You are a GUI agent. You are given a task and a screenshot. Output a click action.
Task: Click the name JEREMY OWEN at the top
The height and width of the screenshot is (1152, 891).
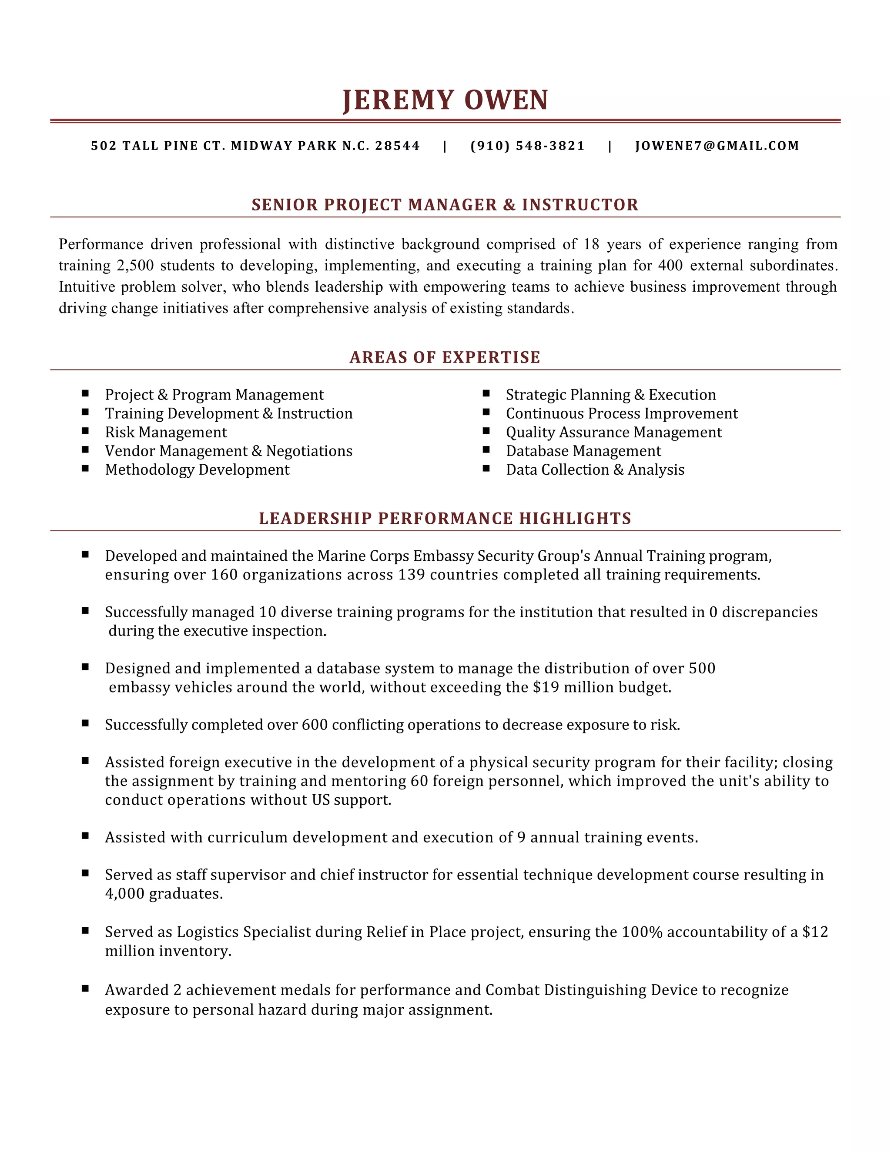pos(445,100)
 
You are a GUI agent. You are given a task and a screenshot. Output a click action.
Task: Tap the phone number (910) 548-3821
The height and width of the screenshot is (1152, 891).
pos(527,146)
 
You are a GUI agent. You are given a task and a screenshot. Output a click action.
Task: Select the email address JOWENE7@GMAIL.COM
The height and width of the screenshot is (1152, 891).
pos(717,146)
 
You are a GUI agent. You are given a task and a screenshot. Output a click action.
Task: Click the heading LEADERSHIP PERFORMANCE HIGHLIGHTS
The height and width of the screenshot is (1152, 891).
pos(445,519)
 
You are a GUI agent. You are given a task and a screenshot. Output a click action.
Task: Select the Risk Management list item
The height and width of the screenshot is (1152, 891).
pos(166,433)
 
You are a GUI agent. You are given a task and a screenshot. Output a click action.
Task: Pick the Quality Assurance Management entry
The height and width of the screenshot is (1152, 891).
pos(613,433)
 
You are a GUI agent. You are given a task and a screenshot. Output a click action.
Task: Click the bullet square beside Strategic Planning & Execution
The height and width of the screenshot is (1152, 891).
pos(486,393)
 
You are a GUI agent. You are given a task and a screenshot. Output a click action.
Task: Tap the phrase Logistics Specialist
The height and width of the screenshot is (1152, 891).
pos(243,932)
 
